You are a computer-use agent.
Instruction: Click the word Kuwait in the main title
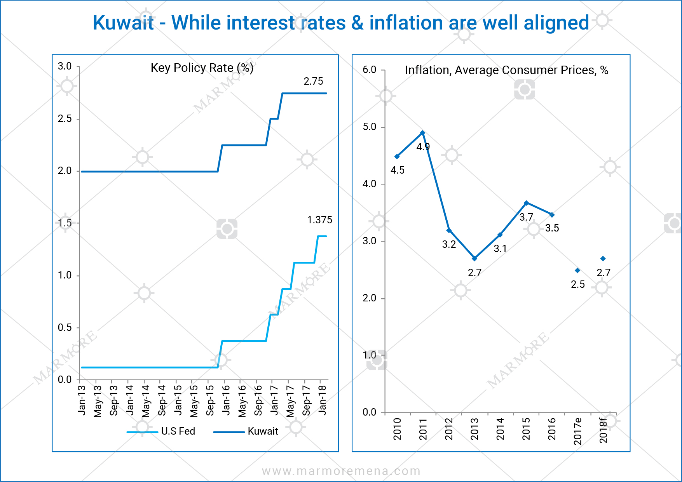coord(124,23)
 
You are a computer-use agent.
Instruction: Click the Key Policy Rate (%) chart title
coord(202,68)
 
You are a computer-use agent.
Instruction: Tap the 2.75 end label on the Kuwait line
coord(313,82)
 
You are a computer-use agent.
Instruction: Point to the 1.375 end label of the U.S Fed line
coord(319,220)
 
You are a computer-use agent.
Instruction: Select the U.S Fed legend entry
coord(178,432)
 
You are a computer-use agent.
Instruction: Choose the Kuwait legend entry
coord(263,432)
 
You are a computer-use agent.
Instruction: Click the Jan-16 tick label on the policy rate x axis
coord(226,400)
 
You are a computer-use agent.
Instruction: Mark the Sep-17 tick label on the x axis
coord(306,400)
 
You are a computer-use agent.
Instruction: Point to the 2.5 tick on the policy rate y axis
coord(65,119)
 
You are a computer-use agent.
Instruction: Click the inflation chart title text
coord(506,70)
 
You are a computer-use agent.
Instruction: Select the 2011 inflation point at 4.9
coord(422,133)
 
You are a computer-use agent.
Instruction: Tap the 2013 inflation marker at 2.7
coord(474,258)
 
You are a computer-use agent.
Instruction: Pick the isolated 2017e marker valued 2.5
coord(577,270)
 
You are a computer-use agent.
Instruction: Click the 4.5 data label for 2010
coord(397,171)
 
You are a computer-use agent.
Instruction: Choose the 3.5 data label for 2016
coord(552,228)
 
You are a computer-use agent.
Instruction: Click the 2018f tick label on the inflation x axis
coord(604,430)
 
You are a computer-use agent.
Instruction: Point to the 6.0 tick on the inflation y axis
coord(369,70)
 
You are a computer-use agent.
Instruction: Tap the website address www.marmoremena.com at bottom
coord(341,472)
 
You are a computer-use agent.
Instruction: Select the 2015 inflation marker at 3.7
coord(526,203)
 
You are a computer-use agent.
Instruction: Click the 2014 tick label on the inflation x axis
coord(500,429)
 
